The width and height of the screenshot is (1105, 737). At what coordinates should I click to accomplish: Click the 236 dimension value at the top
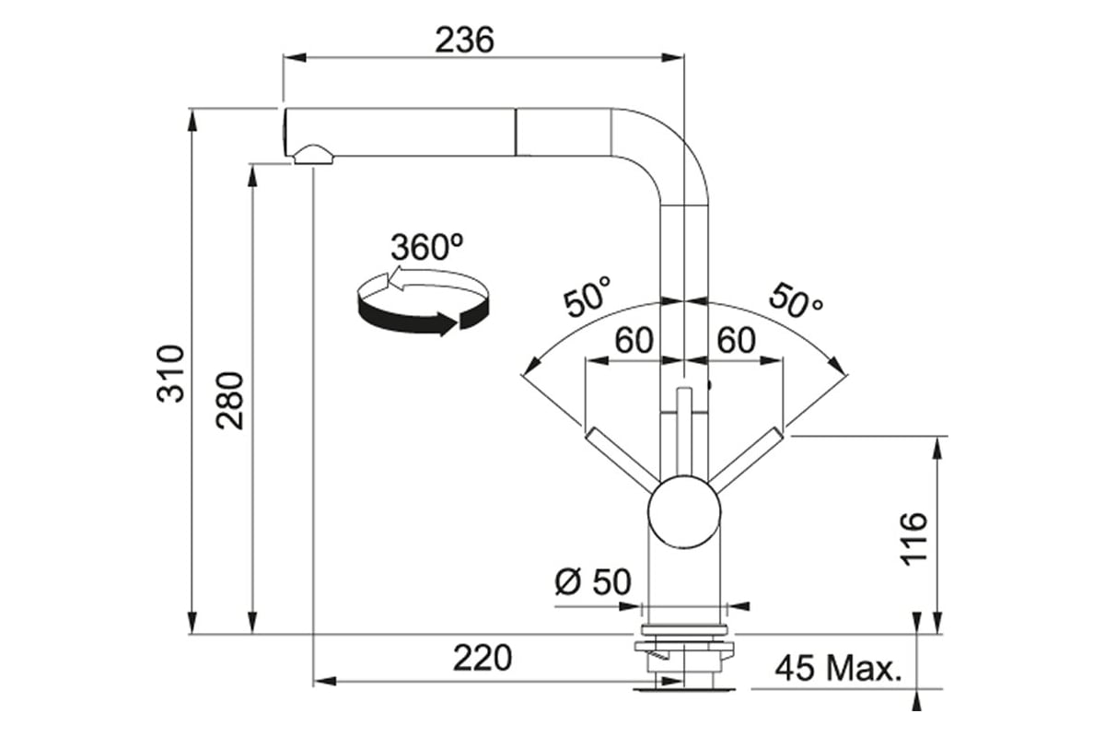(x=464, y=40)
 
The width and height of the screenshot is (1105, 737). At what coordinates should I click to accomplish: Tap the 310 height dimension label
(x=170, y=374)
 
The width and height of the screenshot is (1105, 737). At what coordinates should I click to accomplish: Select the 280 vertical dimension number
(x=229, y=401)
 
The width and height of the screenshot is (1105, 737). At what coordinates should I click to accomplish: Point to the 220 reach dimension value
(x=483, y=658)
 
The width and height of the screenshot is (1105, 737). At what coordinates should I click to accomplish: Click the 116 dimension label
(x=913, y=539)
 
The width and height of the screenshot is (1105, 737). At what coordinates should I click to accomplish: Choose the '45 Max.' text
(x=838, y=669)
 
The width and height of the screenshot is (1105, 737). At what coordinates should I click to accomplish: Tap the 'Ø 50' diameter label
(x=592, y=581)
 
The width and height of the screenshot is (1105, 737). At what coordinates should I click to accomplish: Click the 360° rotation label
(x=426, y=246)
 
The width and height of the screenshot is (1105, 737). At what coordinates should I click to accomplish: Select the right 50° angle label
(x=796, y=300)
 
